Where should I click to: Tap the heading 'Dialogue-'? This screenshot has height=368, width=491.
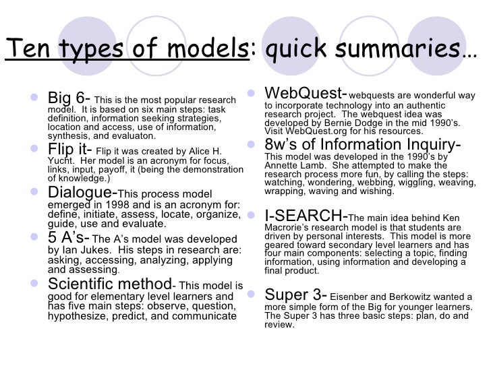point(82,192)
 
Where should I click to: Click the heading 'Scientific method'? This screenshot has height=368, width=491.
point(109,284)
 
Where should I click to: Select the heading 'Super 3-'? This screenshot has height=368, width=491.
point(296,294)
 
